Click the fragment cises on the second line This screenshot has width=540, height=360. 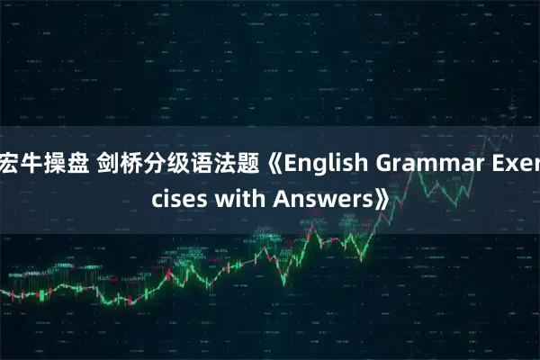(x=178, y=198)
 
